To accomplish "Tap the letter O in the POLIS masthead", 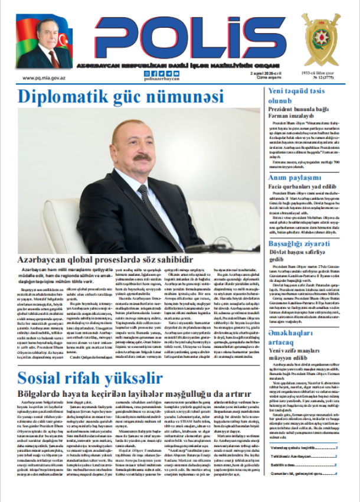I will [161, 37].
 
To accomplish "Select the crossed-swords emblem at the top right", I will [321, 40].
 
